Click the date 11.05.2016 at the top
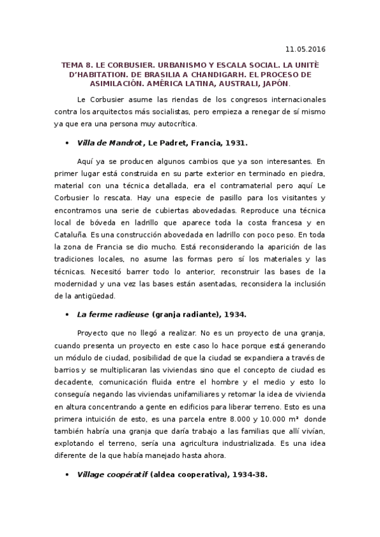coord(306,49)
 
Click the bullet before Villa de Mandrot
coord(66,144)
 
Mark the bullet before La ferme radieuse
coord(66,314)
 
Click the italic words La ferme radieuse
coord(112,314)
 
